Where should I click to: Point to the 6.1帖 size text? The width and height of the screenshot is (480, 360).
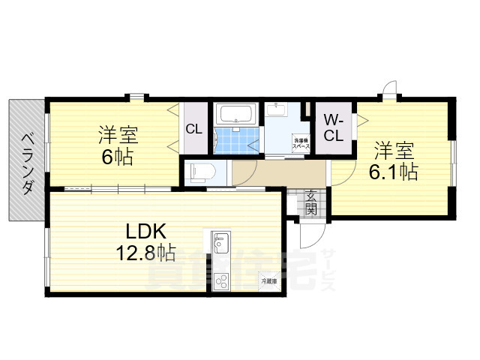coord(394,172)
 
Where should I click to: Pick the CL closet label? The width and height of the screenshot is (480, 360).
coord(193,129)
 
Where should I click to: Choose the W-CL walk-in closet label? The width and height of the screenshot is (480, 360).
coord(334,127)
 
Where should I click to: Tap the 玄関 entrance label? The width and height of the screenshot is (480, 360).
coord(311,202)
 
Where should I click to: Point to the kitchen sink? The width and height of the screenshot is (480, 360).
coord(221,244)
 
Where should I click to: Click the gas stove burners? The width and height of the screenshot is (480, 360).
coord(222,281)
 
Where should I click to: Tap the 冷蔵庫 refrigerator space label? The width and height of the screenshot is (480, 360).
coord(268,281)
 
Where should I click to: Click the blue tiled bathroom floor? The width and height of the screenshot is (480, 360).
coord(237,140)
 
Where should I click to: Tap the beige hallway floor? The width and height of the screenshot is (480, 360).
coord(277,174)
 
